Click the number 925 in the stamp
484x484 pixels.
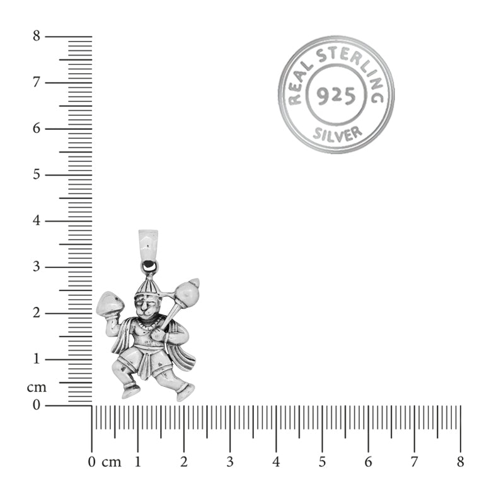coord(336,95)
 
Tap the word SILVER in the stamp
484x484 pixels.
coord(337,135)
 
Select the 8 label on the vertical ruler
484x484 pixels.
coord(37,36)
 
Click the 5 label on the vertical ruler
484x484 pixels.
coord(37,175)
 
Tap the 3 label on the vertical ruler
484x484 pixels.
coord(37,267)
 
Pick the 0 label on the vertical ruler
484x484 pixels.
coord(37,405)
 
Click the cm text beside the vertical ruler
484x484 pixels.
coord(37,388)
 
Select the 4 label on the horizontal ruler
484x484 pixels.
coord(276,462)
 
